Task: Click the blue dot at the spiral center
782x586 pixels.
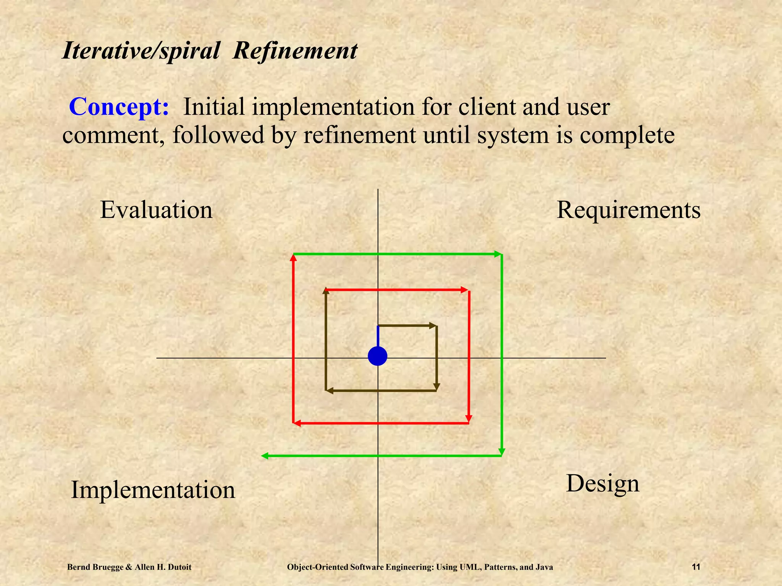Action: (377, 356)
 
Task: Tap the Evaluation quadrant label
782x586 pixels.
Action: (156, 210)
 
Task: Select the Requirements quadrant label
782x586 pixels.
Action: (629, 210)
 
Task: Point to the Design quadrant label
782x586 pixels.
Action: (603, 484)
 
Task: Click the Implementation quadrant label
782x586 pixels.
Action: (153, 490)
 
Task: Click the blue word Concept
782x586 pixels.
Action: (119, 107)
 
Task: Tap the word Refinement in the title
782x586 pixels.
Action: (295, 51)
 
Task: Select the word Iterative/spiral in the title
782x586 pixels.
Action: (141, 51)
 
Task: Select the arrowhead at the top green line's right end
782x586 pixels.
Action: (498, 254)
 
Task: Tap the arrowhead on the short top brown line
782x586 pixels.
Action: (433, 325)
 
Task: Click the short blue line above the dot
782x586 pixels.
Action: (378, 336)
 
